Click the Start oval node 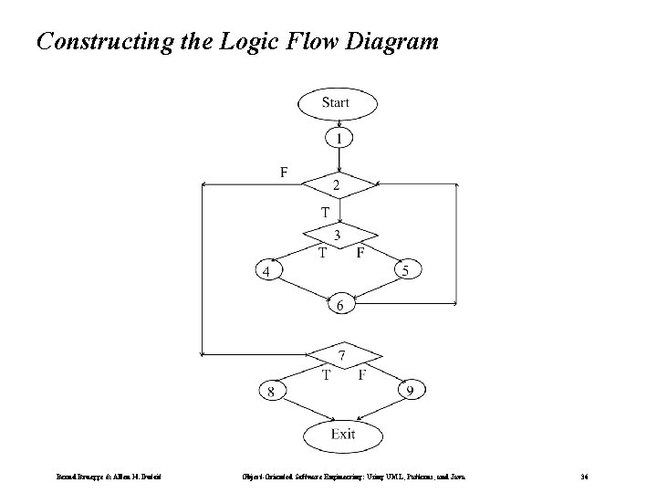(336, 102)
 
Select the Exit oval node (343, 435)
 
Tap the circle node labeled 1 (339, 139)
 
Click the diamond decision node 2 (339, 185)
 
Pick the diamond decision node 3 (339, 236)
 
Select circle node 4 (267, 271)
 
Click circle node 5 (406, 270)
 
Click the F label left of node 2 (284, 171)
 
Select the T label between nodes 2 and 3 (324, 212)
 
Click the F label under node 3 (360, 252)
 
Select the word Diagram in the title (391, 41)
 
